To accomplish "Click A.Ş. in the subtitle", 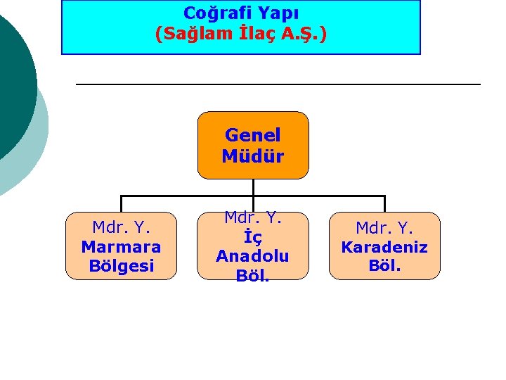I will (x=303, y=33).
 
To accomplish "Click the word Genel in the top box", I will (x=252, y=134).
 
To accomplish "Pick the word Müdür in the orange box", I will (x=252, y=156).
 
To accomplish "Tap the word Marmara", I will (x=121, y=247).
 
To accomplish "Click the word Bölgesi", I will (x=121, y=266).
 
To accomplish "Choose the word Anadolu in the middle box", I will (x=252, y=256).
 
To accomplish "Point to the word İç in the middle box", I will (x=252, y=237).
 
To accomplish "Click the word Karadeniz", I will (x=384, y=247).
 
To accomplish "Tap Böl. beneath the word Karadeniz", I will (x=384, y=266).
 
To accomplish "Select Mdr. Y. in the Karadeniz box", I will (x=384, y=228).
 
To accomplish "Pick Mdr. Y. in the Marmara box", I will (x=121, y=227).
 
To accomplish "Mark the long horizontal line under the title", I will (x=278, y=84).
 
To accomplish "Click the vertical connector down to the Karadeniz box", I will (x=384, y=203).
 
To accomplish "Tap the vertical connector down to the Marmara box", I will (x=121, y=203).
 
